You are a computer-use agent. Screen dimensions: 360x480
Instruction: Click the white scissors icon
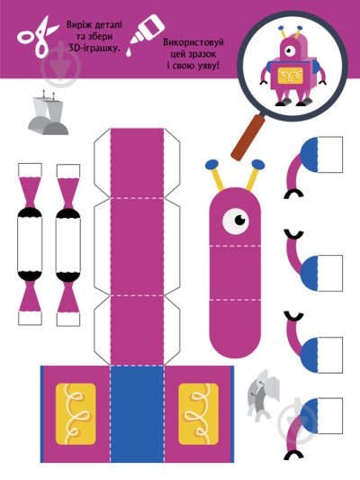pyautogui.click(x=37, y=36)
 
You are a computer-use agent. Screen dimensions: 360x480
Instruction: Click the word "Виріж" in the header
pyautogui.click(x=77, y=24)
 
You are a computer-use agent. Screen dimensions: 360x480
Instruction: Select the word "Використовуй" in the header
pyautogui.click(x=193, y=42)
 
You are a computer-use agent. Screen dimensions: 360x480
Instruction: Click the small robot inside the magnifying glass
pyautogui.click(x=293, y=66)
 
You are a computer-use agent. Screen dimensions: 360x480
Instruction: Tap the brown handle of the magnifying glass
pyautogui.click(x=247, y=137)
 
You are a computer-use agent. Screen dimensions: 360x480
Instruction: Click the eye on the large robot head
pyautogui.click(x=236, y=221)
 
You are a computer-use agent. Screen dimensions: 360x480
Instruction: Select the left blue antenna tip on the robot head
pyautogui.click(x=211, y=164)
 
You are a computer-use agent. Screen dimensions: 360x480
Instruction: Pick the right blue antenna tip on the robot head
pyautogui.click(x=258, y=165)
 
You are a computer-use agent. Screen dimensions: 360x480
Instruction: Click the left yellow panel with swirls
pyautogui.click(x=76, y=414)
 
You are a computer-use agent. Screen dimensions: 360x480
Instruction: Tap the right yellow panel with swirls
pyautogui.click(x=199, y=414)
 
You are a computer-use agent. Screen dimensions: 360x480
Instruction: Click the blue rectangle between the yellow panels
pyautogui.click(x=138, y=414)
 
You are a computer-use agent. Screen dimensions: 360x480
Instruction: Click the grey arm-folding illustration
pyautogui.click(x=264, y=395)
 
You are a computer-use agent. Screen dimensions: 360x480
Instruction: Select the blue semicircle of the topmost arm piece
pyautogui.click(x=310, y=155)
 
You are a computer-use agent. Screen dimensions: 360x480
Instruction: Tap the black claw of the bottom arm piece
pyautogui.click(x=293, y=455)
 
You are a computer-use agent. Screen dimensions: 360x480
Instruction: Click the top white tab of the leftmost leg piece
pyautogui.click(x=30, y=170)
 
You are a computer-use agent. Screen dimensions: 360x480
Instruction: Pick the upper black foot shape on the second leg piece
pyautogui.click(x=68, y=213)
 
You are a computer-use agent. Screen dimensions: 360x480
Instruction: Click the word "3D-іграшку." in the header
pyautogui.click(x=94, y=48)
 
